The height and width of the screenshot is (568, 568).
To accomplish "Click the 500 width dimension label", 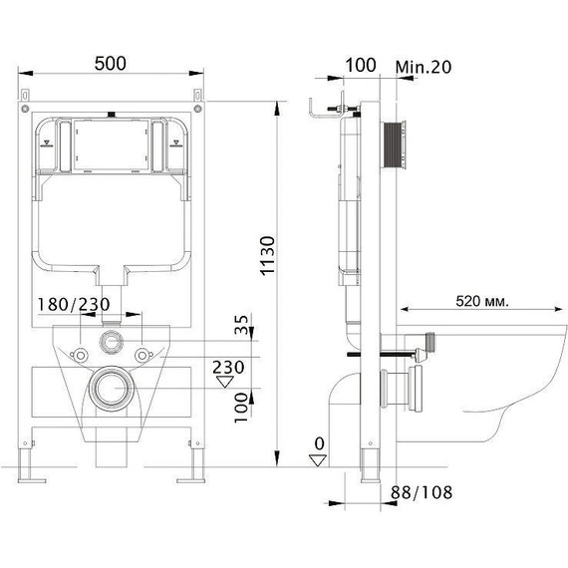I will (x=111, y=64).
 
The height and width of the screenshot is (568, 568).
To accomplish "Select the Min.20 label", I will (x=423, y=65).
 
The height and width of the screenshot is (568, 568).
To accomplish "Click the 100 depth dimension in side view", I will (x=360, y=65).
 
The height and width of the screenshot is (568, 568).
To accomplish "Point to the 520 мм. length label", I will (x=489, y=300).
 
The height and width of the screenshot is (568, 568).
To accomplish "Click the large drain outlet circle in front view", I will (x=111, y=389).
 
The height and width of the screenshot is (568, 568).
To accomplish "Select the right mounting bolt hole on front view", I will (x=146, y=354).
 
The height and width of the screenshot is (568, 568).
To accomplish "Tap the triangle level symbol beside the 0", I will (x=318, y=459).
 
